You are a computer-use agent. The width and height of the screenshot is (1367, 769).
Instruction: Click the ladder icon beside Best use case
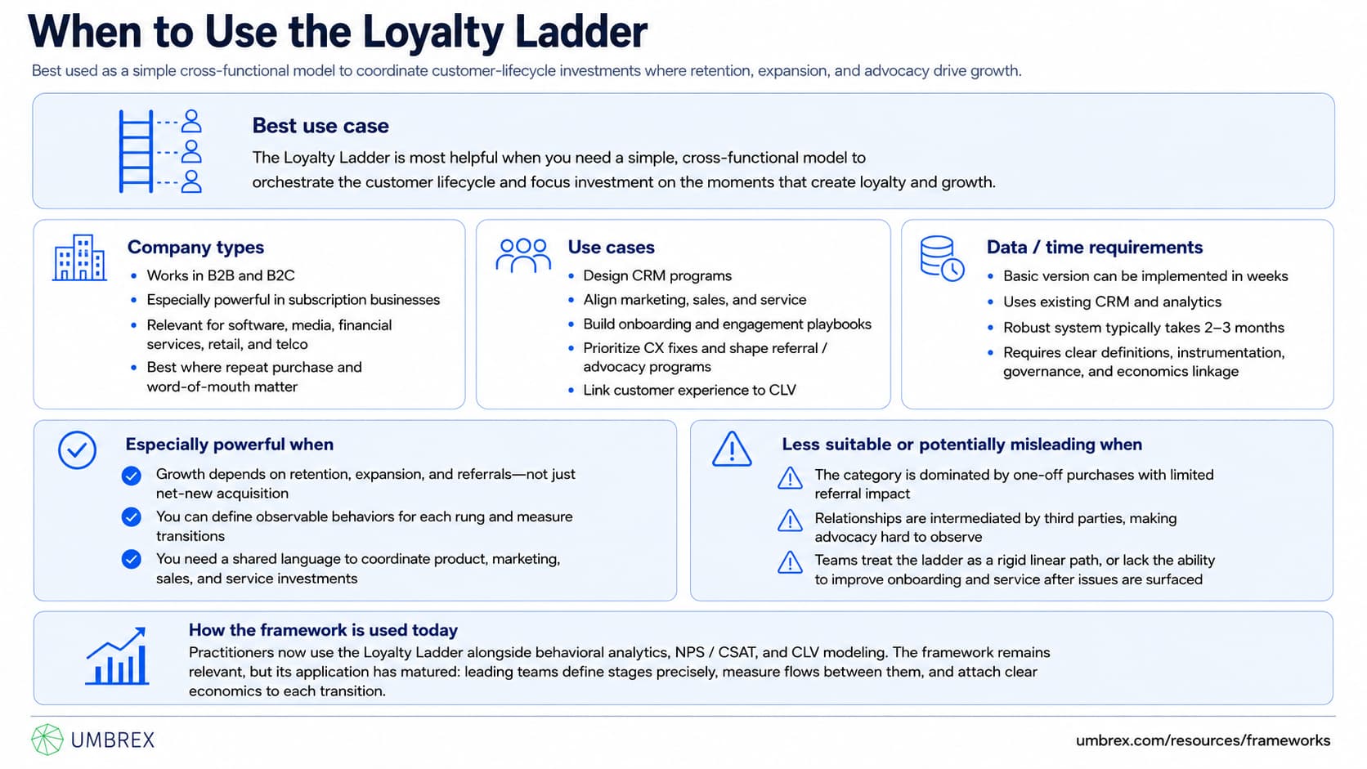136,151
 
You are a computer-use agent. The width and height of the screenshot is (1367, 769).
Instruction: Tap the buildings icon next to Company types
79,257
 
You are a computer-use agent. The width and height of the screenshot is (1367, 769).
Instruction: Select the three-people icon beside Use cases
523,255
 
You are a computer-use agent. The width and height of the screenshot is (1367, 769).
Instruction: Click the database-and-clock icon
942,258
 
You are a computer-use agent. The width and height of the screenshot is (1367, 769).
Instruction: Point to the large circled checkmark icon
77,450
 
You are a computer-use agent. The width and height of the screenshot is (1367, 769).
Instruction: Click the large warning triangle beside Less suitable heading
732,449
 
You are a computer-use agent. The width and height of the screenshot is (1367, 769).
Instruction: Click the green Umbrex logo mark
47,740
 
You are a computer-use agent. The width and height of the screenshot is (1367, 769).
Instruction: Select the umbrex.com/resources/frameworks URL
1203,740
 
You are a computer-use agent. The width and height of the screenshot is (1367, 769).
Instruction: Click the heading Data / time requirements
1095,247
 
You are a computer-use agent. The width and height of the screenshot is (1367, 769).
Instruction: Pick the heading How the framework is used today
323,630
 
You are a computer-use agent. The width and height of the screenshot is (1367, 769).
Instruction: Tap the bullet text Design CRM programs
657,275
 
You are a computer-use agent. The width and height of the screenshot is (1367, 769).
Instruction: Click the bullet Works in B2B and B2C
221,275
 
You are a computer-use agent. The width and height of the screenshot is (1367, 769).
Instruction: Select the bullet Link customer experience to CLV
689,391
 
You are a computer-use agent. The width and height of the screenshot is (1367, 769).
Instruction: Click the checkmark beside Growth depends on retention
131,476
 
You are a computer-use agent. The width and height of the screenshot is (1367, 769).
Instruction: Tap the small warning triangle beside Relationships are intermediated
790,521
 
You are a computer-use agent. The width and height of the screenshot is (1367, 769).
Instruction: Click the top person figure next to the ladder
191,121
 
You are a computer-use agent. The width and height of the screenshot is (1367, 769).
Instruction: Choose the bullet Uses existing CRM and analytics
1113,302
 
